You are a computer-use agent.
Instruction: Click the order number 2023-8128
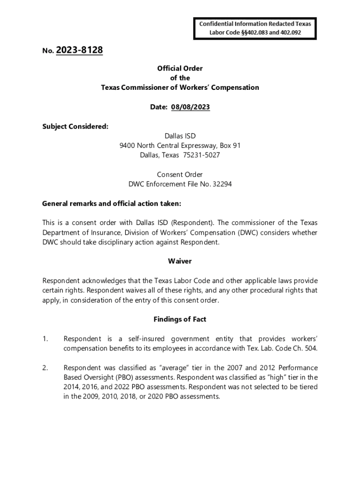[79, 50]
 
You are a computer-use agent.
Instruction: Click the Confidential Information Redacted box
[255, 29]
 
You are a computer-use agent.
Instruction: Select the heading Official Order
[180, 68]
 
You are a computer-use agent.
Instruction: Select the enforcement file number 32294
[222, 184]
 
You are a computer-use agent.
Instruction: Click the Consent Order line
[180, 174]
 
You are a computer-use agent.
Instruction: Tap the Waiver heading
[180, 261]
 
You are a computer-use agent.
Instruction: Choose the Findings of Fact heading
[180, 319]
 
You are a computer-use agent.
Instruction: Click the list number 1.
[45, 338]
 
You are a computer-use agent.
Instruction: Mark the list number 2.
[45, 368]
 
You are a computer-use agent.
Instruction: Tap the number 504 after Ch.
[311, 348]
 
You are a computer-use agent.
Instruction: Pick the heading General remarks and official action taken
[111, 203]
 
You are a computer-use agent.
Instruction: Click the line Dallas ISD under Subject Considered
[180, 136]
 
